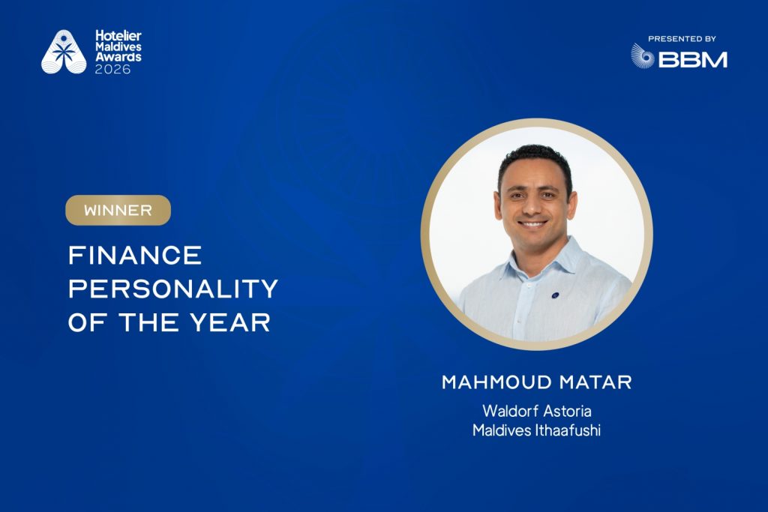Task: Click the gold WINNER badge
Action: (x=118, y=211)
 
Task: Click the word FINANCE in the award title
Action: (x=135, y=256)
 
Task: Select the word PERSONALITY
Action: (x=173, y=289)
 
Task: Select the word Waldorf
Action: (x=508, y=412)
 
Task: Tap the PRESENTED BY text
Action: (x=682, y=39)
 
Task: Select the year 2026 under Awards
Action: (x=113, y=69)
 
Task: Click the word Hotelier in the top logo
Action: (x=118, y=35)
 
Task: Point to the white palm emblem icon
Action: (x=64, y=52)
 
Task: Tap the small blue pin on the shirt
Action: (x=554, y=295)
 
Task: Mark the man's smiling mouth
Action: (x=533, y=223)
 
